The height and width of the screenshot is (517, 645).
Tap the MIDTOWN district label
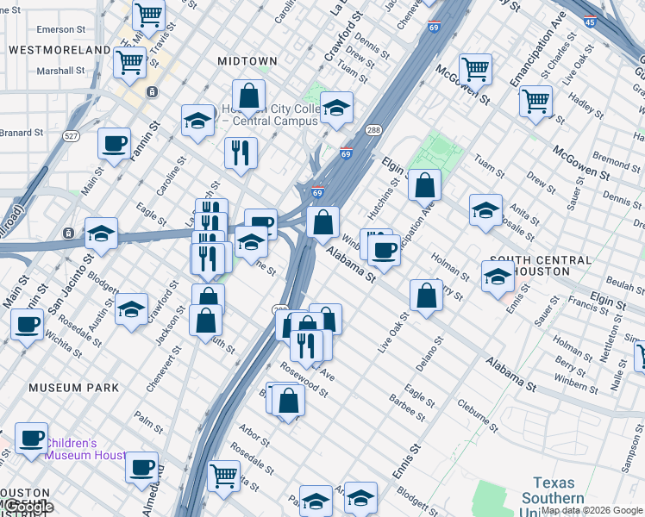coord(247,61)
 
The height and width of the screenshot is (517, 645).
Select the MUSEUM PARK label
coord(73,388)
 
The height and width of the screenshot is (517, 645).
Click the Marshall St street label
coord(61,71)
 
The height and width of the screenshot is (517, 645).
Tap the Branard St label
coord(22,133)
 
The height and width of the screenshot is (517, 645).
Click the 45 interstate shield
coord(589,23)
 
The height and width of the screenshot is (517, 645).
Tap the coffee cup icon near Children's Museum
coord(32,438)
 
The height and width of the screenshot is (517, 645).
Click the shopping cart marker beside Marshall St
coord(129,61)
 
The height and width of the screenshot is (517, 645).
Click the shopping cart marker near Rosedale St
coord(223,473)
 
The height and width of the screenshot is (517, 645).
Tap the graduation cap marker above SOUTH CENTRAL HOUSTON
coord(485,209)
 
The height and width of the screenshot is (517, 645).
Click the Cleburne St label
coord(479,415)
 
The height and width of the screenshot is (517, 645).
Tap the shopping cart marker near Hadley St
coord(535,101)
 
